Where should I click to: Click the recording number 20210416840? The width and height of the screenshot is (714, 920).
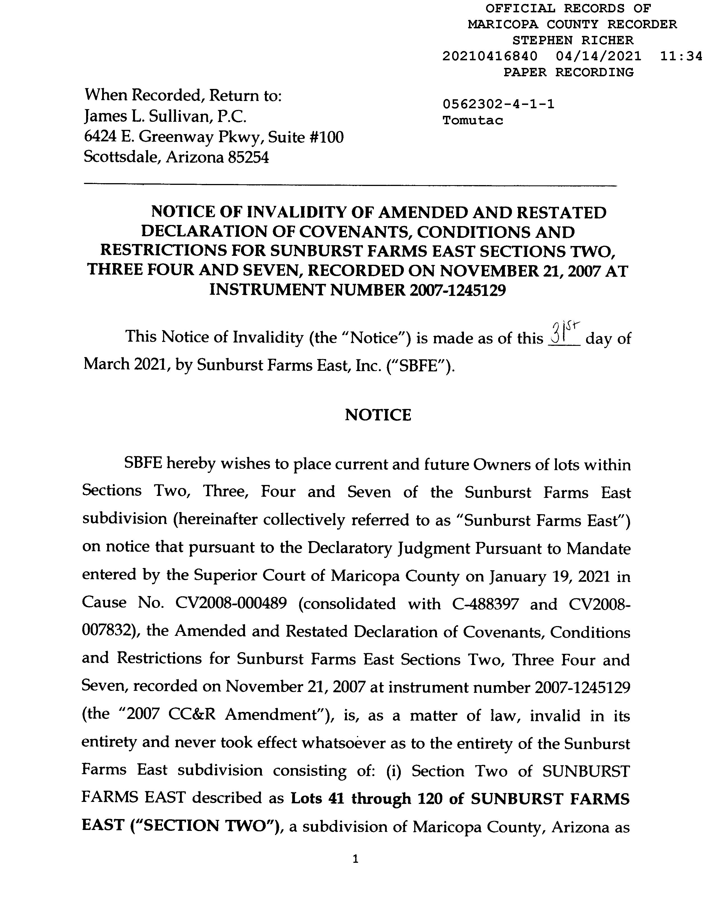coord(490,56)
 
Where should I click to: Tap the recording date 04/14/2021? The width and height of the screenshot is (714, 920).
coord(599,56)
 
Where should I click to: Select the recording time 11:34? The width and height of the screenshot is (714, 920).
coord(681,56)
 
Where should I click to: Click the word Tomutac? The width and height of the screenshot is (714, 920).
coord(472,121)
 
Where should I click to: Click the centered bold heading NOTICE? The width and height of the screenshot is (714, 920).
coord(378,415)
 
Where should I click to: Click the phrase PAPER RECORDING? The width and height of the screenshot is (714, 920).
coord(569,72)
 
